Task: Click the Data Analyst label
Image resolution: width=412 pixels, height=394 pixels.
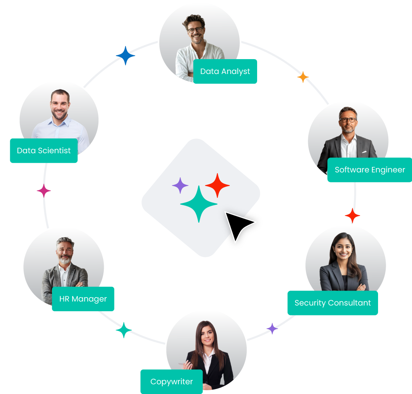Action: (x=225, y=71)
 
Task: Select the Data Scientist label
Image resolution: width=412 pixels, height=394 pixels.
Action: (x=44, y=151)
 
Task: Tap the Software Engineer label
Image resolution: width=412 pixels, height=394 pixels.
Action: (x=370, y=170)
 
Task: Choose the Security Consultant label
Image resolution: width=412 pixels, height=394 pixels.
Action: (x=333, y=303)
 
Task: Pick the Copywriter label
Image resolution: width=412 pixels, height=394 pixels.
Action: (x=172, y=381)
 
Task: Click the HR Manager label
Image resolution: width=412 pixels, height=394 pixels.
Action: (x=83, y=299)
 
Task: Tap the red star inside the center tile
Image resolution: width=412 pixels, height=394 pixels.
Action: (x=217, y=185)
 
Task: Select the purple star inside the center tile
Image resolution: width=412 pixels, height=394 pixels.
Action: (x=180, y=186)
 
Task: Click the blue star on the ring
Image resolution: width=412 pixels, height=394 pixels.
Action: (x=126, y=56)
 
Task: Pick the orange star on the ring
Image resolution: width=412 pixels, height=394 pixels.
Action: (x=303, y=77)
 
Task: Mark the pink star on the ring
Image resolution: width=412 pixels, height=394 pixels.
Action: (x=44, y=191)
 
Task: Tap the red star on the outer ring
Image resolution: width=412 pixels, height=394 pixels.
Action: (x=352, y=215)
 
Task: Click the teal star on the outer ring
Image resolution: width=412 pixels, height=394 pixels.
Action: (x=124, y=330)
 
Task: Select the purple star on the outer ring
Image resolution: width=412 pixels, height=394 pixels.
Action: (x=272, y=328)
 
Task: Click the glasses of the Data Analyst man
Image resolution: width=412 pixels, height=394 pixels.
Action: (x=195, y=29)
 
